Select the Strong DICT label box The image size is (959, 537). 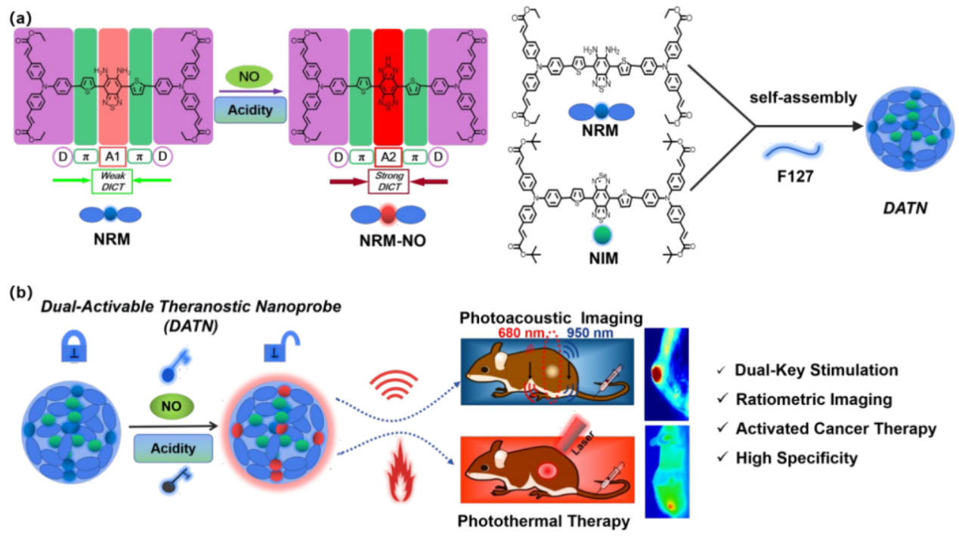tap(388, 181)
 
